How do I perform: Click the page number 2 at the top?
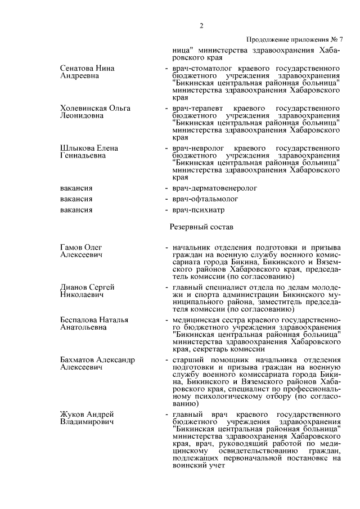click(x=201, y=26)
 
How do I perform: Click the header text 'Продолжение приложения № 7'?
click(x=294, y=39)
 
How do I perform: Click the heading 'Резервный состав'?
click(x=201, y=227)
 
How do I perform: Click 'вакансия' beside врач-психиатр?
click(x=76, y=210)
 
